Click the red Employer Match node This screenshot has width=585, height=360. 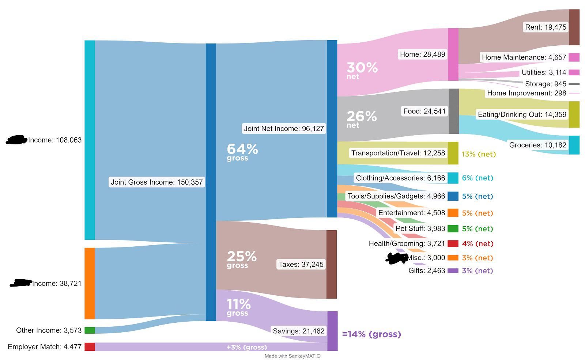pos(90,347)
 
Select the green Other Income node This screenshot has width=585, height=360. pos(90,330)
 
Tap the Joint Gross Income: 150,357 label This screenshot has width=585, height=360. pos(156,182)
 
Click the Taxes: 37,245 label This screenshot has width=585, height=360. pos(301,264)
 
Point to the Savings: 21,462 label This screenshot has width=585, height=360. pos(298,331)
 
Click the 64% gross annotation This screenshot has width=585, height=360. pos(242,152)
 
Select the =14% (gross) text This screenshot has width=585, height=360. pos(371,334)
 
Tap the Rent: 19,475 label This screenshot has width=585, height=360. pos(545,27)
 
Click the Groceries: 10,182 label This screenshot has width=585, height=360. pos(537,145)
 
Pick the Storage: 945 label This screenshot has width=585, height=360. pos(546,84)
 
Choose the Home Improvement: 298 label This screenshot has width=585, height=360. pos(526,93)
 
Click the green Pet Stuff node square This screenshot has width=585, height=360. pos(453,229)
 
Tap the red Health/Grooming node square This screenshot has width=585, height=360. pos(453,243)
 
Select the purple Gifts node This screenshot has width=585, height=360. pos(453,270)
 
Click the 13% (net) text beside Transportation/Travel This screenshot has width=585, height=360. pos(479,154)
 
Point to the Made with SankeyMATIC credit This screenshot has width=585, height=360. pos(292,356)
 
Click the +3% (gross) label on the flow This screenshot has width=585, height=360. pos(247,347)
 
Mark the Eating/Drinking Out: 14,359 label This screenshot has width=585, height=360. pos(522,114)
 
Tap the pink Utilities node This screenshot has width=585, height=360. pos(574,72)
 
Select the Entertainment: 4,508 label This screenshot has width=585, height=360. pos(412,213)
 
